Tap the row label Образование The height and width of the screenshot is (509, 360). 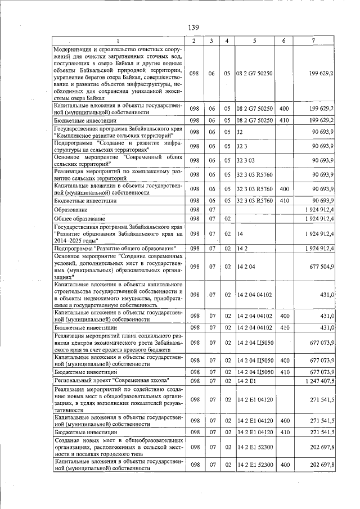(x=71, y=209)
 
